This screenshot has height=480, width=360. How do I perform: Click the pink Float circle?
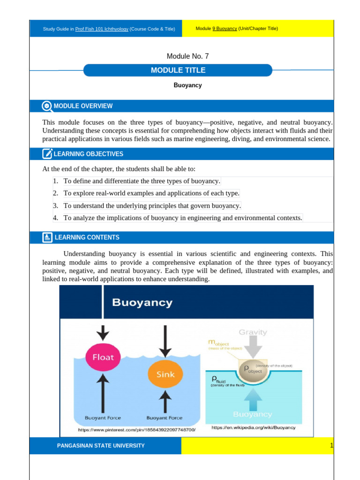[x=103, y=357]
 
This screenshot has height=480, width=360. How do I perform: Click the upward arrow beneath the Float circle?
[x=103, y=392]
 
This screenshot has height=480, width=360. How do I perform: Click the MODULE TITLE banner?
[x=178, y=70]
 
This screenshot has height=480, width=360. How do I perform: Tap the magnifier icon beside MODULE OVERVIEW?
[x=47, y=106]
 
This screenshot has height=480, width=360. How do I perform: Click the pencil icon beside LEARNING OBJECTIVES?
[x=47, y=154]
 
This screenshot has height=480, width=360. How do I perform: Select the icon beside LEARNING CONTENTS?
[x=47, y=237]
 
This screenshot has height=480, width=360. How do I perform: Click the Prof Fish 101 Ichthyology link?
[x=102, y=29]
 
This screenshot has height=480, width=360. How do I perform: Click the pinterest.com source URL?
[x=136, y=429]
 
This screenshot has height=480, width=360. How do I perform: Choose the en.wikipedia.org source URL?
[x=253, y=427]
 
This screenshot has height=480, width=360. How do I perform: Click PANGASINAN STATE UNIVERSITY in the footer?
[x=101, y=445]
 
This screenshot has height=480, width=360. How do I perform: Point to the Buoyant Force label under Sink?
[x=165, y=418]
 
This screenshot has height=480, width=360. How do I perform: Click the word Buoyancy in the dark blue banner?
[x=142, y=302]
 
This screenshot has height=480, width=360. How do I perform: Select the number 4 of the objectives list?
[x=55, y=217]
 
